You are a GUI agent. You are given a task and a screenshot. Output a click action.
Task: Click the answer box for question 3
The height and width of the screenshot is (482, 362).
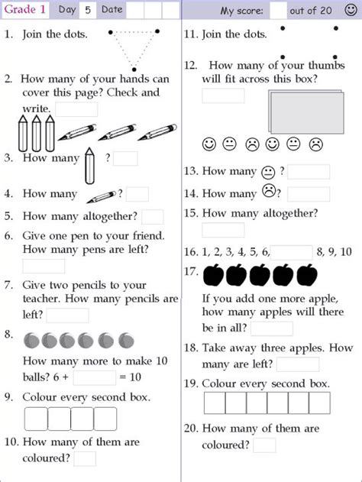coord(126,159)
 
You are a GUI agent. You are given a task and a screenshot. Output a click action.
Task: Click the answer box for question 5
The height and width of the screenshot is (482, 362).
coord(153,217)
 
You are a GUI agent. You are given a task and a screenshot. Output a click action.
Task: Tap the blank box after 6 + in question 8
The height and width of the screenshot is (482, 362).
coord(95,377)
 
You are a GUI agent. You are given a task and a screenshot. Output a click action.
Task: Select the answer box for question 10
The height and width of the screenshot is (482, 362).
coord(85,458)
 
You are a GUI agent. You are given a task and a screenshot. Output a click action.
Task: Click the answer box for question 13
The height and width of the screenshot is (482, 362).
coord(309,172)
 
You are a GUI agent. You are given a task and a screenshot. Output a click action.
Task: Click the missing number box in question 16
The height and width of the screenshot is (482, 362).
coord(291,252)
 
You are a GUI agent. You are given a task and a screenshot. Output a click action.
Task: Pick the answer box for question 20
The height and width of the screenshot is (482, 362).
coord(264,445)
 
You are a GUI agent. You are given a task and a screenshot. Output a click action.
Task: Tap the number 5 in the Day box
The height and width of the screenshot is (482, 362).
coord(89,10)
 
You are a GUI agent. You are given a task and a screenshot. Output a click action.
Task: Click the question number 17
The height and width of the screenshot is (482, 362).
coord(191,271)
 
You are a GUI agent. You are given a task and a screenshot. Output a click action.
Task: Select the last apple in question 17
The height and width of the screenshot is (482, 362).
coord(307,273)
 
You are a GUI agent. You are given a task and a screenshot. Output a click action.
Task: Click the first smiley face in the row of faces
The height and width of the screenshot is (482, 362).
coord(208,144)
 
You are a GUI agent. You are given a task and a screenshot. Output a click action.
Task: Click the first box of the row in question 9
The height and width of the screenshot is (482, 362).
coord(37,419)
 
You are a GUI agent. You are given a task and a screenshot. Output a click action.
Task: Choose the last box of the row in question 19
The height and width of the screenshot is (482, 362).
coord(319,403)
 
